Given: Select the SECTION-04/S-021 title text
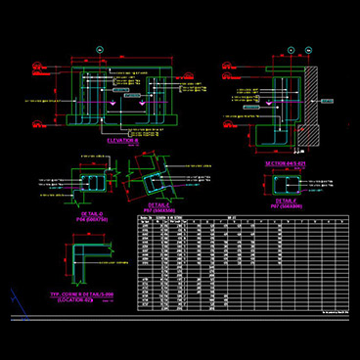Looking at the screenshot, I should point(286,163).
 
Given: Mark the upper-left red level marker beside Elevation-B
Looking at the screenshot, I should point(37,67).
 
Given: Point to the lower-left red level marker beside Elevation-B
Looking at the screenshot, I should point(37,124).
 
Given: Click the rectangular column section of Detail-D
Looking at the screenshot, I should point(96,183).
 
